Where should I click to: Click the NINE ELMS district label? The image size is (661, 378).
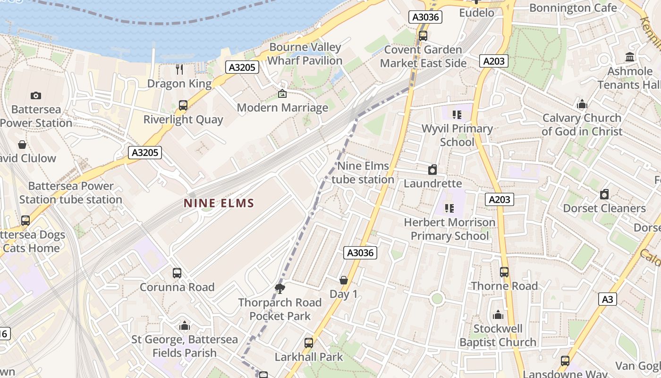pos(219,204)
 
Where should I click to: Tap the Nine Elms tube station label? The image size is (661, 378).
pos(363,172)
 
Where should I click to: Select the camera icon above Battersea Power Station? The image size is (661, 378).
pos(36,96)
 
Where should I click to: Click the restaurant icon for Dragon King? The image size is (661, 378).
pos(179,69)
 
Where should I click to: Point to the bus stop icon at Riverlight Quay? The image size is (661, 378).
pos(183,105)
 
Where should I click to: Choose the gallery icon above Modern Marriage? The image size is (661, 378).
pos(282,94)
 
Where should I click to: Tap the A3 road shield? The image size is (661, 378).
pos(608,299)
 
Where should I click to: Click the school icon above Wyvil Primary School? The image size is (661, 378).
pos(457,114)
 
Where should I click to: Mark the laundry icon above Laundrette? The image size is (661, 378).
pos(432,170)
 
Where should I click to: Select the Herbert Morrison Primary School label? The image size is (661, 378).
pos(449,229)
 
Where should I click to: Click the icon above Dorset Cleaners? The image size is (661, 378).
pos(604,194)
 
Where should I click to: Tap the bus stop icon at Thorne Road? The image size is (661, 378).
pos(504,272)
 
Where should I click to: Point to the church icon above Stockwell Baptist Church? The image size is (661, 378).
pos(498,315)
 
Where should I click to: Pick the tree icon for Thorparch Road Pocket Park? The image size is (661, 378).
pos(280,288)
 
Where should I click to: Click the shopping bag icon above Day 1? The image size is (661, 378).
pos(344,280)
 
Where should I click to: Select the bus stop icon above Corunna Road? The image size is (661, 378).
pos(177,273)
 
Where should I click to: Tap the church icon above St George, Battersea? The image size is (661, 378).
pos(185,326)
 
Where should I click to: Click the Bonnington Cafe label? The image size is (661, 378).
pos(573,8)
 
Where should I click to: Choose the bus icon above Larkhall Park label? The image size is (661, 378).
pos(309,343)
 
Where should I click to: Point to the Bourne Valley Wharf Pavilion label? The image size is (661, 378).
pos(305,54)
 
